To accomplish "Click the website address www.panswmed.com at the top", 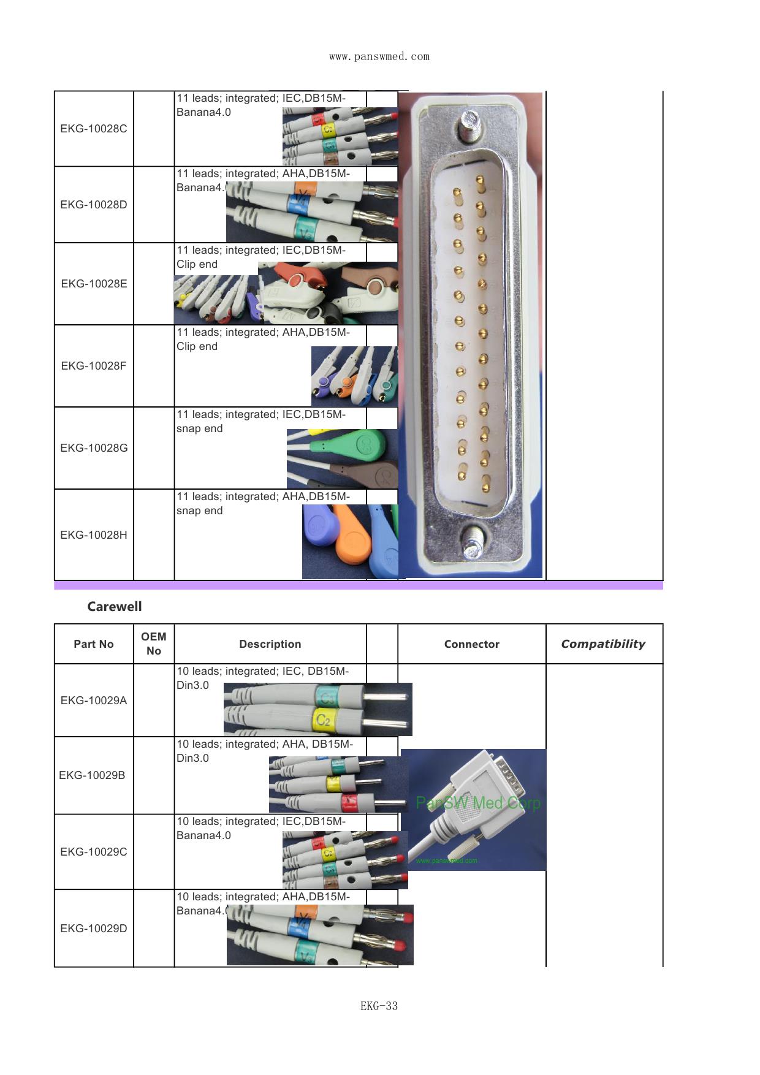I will click(379, 57).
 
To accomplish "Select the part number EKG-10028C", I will click(94, 129).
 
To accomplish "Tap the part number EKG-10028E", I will click(94, 284).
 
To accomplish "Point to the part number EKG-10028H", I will click(94, 535).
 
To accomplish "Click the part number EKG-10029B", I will click(92, 775).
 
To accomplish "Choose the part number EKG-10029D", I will click(94, 929).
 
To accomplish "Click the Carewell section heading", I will click(115, 607).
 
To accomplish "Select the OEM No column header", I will click(154, 644).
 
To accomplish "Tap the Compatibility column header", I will click(603, 644).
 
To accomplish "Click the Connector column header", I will click(471, 644).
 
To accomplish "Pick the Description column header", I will click(270, 644).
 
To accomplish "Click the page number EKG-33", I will click(379, 1006).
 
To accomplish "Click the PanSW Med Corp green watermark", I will click(478, 803).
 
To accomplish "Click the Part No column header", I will click(94, 644).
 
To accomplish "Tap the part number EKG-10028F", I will click(94, 366).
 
